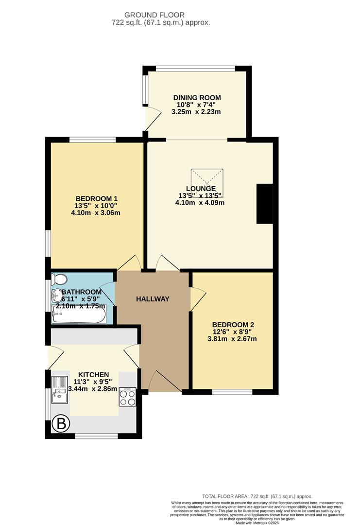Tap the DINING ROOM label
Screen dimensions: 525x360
pyautogui.click(x=197, y=98)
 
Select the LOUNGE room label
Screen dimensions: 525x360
pyautogui.click(x=201, y=189)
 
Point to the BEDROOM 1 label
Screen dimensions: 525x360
pyautogui.click(x=97, y=198)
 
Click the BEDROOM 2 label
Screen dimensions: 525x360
pyautogui.click(x=233, y=325)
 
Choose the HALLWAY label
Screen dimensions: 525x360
pyautogui.click(x=153, y=299)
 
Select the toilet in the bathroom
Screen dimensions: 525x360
pyautogui.click(x=59, y=279)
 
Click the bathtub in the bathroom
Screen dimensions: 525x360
pyautogui.click(x=79, y=317)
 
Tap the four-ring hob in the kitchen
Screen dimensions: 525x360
pyautogui.click(x=127, y=396)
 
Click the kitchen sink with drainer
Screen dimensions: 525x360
pyautogui.click(x=60, y=391)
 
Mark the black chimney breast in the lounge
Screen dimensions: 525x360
pyautogui.click(x=265, y=204)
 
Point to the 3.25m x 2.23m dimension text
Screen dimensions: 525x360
pyautogui.click(x=196, y=112)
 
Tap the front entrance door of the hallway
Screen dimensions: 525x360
pyautogui.click(x=166, y=382)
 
